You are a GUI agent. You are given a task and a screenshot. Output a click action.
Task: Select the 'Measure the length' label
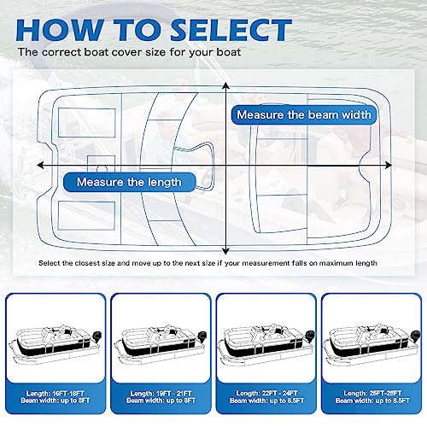[x=129, y=182]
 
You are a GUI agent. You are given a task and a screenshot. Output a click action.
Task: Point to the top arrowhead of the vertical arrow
[x=225, y=86]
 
